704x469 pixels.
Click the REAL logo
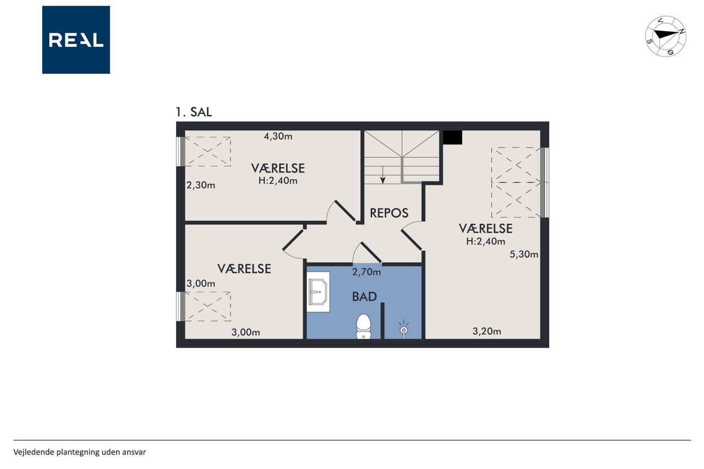76,40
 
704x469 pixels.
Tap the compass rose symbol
665,36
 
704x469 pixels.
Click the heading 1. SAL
194,112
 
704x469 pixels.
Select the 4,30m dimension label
278,136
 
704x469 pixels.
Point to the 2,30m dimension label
201,185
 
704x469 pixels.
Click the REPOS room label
389,213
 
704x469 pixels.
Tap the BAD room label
364,296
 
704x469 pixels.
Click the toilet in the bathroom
364,327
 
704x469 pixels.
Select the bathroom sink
318,292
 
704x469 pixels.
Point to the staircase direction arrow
383,175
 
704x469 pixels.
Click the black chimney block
452,137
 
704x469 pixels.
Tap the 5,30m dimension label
524,254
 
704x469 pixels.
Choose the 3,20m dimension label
487,331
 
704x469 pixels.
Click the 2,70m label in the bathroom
366,272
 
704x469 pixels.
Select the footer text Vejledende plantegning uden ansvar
80,452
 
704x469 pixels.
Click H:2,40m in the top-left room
278,181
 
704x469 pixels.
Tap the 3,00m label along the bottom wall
246,332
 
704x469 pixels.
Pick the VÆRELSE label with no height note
244,269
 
